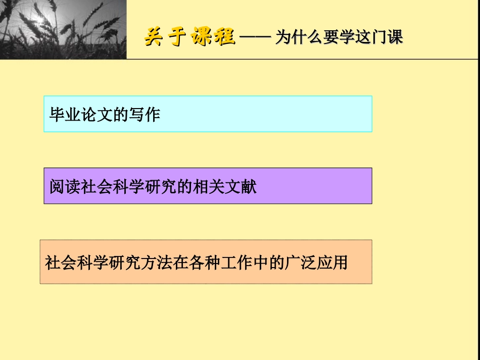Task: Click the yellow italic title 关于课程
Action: tap(189, 37)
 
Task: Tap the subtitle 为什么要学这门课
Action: tap(339, 38)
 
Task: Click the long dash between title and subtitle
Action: tap(255, 38)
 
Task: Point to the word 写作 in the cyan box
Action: tap(145, 115)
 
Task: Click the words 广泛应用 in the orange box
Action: tap(317, 263)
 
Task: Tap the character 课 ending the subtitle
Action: tap(396, 38)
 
